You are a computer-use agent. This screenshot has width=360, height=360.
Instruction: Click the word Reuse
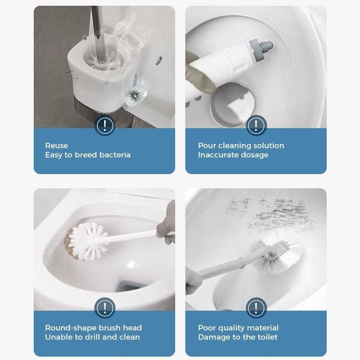pos(57,145)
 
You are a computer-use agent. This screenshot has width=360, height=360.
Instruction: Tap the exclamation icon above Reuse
pos(105,125)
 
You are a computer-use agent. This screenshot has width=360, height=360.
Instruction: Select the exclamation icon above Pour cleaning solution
pos(256,125)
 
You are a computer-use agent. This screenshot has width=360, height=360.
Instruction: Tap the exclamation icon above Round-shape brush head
pos(105,308)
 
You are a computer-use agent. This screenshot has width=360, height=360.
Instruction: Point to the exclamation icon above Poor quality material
pos(256,308)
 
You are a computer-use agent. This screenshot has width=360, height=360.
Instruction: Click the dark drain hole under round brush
pos(127,287)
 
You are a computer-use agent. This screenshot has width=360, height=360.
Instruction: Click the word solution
pos(269,145)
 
